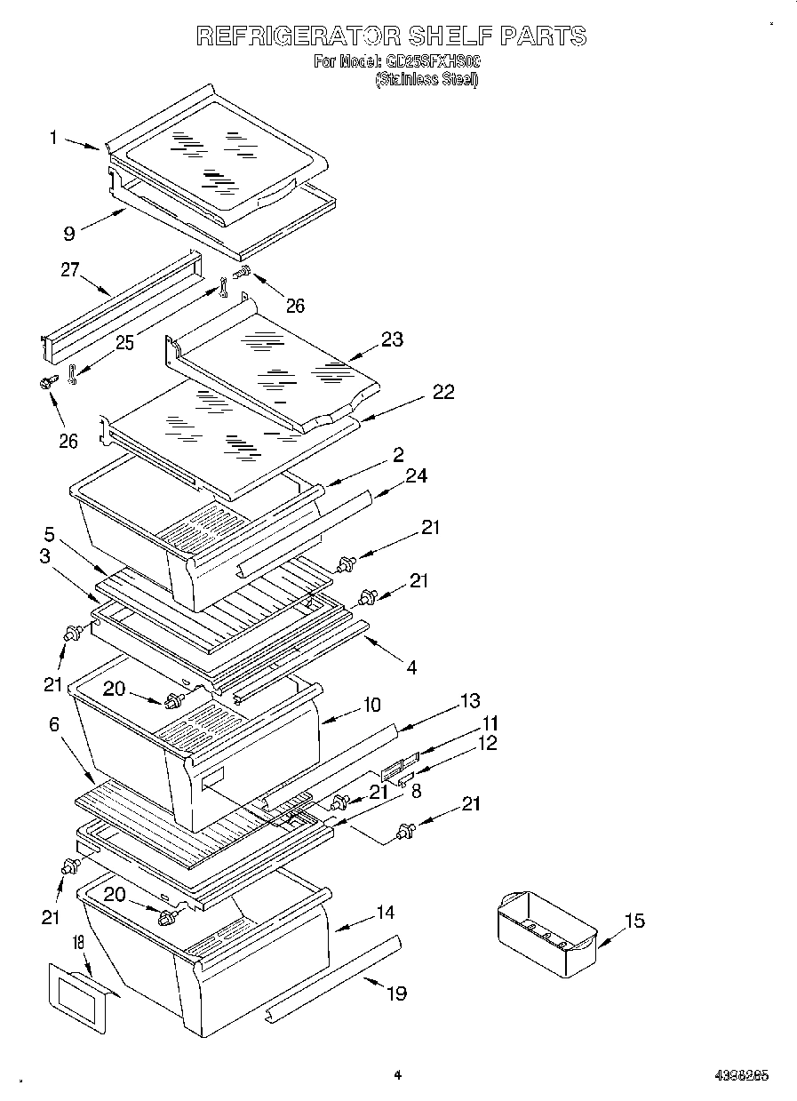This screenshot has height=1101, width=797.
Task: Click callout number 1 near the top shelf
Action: (x=54, y=138)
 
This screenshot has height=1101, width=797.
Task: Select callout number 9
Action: (x=68, y=235)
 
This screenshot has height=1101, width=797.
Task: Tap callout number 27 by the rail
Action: (x=70, y=270)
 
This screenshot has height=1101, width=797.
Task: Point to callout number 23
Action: (x=392, y=339)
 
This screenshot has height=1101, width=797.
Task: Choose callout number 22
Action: (x=442, y=392)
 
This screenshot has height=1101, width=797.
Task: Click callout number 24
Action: (x=416, y=476)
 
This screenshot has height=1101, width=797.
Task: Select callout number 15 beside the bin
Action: (x=634, y=921)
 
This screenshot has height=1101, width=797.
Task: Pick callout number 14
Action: (x=385, y=912)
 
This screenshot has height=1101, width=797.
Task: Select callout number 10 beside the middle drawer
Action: (x=371, y=705)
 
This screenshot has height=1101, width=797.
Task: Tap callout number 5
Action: (x=50, y=535)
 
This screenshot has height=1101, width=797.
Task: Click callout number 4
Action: (x=410, y=666)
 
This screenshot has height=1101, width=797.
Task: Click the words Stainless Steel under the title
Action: (x=426, y=79)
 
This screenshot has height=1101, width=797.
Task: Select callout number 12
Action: (x=488, y=743)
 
